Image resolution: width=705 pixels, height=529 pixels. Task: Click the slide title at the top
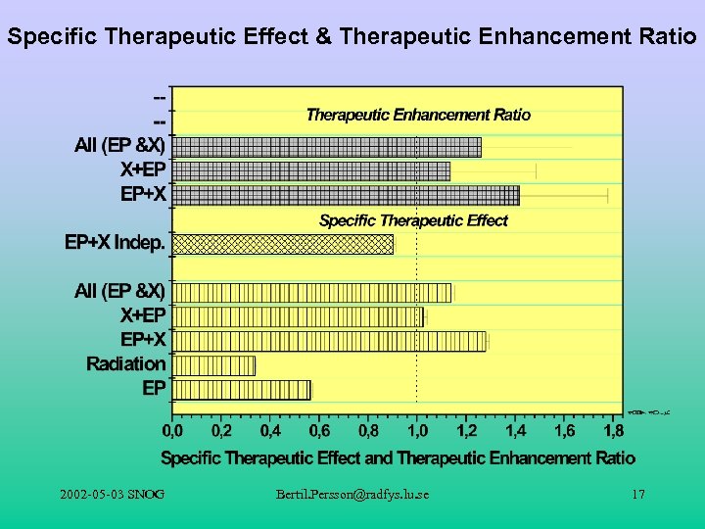point(352,38)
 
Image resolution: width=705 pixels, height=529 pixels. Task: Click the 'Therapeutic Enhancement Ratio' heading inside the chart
point(418,115)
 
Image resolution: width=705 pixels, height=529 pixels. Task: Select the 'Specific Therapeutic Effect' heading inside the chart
point(413,220)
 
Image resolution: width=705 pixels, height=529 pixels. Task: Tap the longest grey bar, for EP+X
point(346,195)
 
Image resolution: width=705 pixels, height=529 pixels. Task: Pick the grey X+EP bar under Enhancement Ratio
point(310,170)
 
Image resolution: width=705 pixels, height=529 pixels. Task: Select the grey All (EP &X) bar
point(326,147)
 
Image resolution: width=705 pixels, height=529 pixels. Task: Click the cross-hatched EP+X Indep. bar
point(283,244)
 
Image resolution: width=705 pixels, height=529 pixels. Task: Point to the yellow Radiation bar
point(213,365)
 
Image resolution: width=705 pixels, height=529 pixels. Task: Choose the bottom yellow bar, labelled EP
point(241,390)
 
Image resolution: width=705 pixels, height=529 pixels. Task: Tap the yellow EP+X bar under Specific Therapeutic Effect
point(329,341)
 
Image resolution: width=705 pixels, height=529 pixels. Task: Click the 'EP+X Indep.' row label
point(115,240)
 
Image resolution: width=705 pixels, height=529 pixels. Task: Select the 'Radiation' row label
point(126,364)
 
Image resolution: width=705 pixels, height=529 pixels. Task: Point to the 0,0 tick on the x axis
point(172,430)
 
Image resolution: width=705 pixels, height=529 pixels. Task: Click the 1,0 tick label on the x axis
point(417,430)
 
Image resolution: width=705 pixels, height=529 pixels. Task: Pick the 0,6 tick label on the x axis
point(319,430)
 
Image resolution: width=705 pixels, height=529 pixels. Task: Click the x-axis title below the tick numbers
point(398,457)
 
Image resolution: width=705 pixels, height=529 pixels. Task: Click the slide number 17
point(637,496)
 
